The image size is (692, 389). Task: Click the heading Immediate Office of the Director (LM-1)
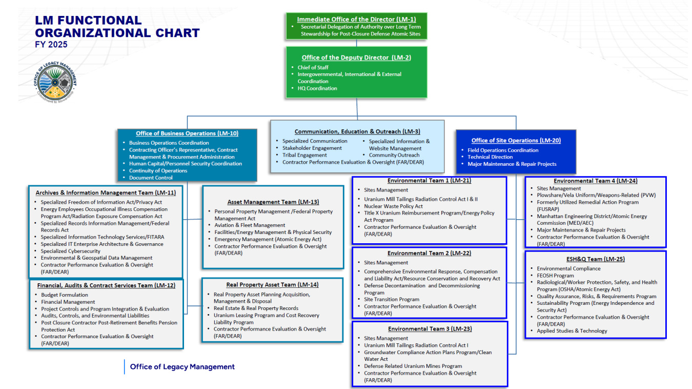356,20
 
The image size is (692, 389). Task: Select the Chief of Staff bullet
313,67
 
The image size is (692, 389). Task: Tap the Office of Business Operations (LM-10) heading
187,133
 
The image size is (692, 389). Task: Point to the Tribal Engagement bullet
304,155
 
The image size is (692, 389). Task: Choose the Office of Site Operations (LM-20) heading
516,140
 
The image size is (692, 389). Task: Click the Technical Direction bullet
490,157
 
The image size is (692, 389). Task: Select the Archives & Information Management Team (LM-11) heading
106,193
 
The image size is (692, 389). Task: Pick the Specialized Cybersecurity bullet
71,251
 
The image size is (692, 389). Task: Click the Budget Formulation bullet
65,295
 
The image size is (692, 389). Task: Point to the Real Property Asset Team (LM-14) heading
272,285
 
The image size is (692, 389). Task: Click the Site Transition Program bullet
392,299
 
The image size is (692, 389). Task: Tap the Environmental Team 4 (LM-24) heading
595,181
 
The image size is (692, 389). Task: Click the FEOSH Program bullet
555,276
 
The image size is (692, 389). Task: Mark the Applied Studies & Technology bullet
572,331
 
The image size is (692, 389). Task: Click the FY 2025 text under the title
51,45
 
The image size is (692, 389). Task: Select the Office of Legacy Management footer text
182,367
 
